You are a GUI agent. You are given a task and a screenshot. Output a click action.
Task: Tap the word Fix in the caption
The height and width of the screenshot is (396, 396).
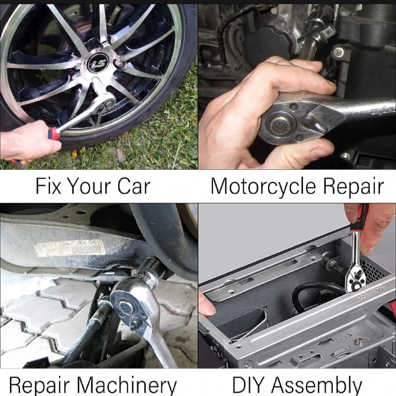48,186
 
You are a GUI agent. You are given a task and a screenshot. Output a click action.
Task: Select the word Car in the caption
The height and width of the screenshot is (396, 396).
133,186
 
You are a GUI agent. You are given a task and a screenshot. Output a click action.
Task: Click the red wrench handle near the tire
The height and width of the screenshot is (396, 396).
54,133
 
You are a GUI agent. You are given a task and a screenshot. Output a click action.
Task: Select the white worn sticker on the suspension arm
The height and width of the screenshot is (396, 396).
69,248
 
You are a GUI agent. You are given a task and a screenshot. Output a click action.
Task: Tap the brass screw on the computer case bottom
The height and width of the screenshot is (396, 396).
359,341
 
